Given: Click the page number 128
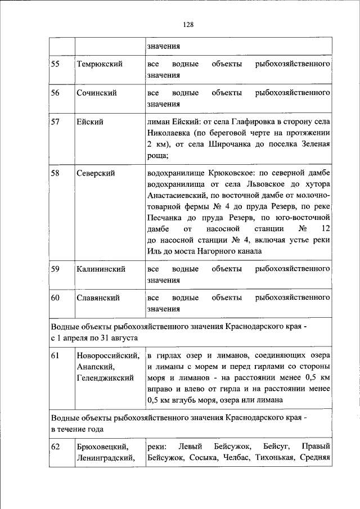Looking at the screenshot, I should pyautogui.click(x=188, y=24).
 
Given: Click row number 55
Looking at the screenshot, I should pyautogui.click(x=56, y=64).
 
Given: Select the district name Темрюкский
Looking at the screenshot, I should pyautogui.click(x=100, y=64).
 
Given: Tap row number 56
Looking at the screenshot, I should pyautogui.click(x=56, y=93).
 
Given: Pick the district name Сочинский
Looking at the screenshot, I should pyautogui.click(x=97, y=93).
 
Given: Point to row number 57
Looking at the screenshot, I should pyautogui.click(x=56, y=122).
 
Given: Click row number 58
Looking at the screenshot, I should pyautogui.click(x=56, y=174).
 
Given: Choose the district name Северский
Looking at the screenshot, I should pyautogui.click(x=96, y=174).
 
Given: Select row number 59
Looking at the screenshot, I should pyautogui.click(x=56, y=269).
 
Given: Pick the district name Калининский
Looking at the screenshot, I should pyautogui.click(x=101, y=269).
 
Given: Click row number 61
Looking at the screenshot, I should pyautogui.click(x=56, y=355).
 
